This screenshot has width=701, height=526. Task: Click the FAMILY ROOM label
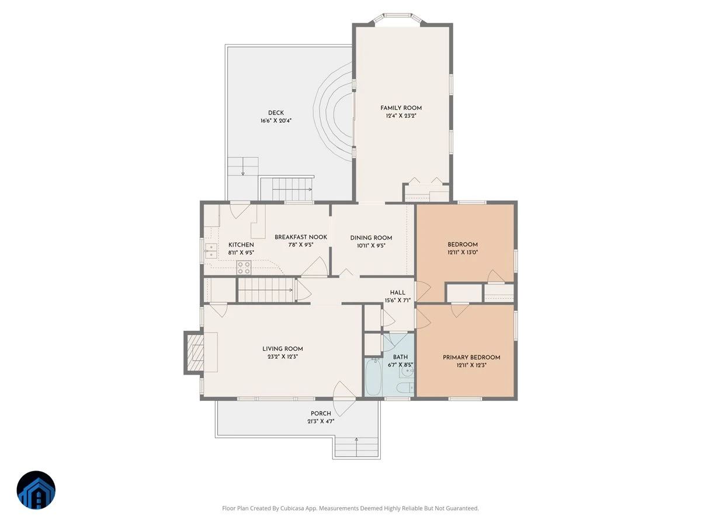(x=401, y=108)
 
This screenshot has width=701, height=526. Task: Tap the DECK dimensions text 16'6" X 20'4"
(x=276, y=121)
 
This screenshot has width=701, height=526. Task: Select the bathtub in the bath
(x=373, y=377)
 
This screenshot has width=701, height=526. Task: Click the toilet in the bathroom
(x=405, y=387)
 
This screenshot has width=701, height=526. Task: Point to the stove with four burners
(x=244, y=268)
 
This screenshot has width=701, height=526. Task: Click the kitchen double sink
(x=211, y=251)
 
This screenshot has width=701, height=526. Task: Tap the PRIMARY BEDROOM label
(x=471, y=357)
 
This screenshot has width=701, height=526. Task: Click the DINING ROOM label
(x=371, y=238)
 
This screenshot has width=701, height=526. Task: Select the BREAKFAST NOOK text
(x=301, y=237)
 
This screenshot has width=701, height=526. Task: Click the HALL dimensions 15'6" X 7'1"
(x=398, y=300)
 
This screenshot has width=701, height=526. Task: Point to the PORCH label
(x=321, y=413)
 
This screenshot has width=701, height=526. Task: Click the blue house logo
(x=36, y=490)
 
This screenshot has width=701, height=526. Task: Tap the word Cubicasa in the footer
(x=291, y=508)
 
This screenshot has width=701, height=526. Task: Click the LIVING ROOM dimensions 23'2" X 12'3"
(x=283, y=357)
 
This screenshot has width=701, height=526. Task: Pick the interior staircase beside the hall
(x=266, y=290)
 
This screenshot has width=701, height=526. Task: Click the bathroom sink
(x=407, y=371)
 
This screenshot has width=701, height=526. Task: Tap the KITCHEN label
(x=241, y=245)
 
